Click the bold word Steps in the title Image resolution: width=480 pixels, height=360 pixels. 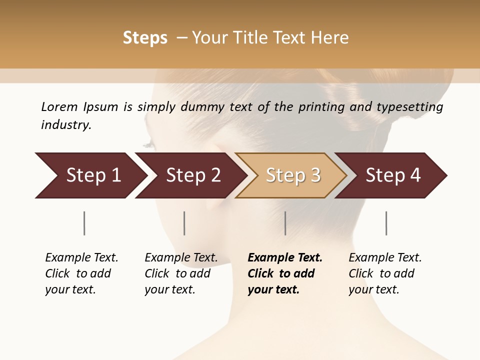pos(145,38)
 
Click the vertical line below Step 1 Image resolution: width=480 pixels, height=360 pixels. pos(84,223)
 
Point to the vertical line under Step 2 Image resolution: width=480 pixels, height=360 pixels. pos(184,223)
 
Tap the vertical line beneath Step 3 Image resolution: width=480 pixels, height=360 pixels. pos(285,223)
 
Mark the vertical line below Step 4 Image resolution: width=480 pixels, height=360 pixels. pos(386,223)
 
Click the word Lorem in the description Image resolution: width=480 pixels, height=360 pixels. pos(59,107)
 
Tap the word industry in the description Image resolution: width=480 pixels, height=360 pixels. pos(66,125)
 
